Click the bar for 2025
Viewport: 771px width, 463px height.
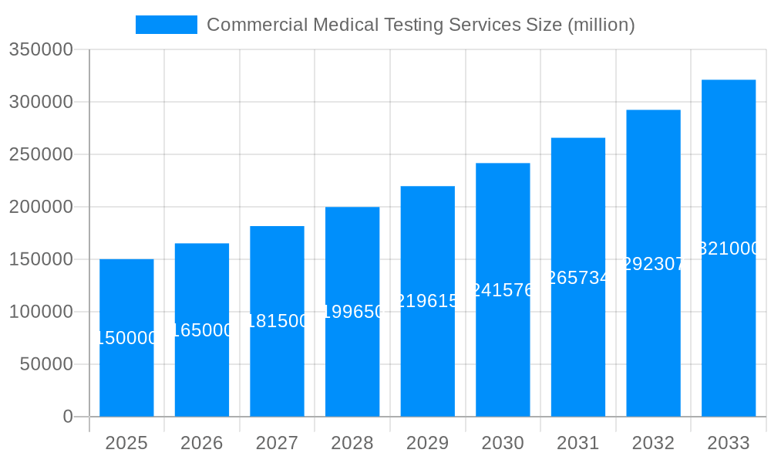click(x=126, y=370)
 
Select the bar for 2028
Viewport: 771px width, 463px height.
click(x=352, y=363)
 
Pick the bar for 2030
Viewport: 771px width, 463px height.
click(x=503, y=355)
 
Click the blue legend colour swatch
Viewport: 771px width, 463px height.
click(x=167, y=25)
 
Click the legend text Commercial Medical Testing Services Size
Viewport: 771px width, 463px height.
click(x=420, y=25)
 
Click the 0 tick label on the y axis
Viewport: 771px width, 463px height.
click(x=67, y=417)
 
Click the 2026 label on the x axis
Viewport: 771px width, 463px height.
click(x=202, y=443)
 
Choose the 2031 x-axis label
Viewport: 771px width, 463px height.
click(x=578, y=443)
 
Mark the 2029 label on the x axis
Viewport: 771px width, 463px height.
click(x=427, y=443)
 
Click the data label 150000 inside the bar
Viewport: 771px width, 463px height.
click(x=126, y=338)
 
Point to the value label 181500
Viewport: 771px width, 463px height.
click(x=277, y=321)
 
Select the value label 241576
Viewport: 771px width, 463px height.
click(x=503, y=290)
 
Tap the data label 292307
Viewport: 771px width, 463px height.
click(x=653, y=264)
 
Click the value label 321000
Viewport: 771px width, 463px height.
click(x=729, y=248)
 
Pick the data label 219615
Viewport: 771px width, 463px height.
click(x=427, y=301)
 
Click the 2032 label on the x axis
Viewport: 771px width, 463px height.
click(x=653, y=443)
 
